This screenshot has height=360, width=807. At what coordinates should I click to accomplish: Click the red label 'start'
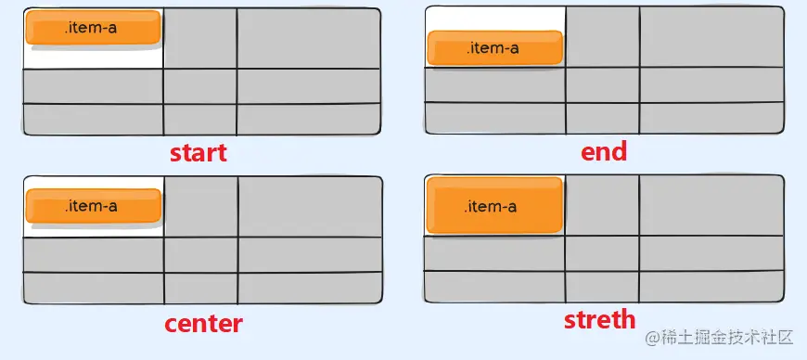198,152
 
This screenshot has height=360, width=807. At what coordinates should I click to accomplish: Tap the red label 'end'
604,150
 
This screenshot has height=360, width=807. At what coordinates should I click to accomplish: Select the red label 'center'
203,323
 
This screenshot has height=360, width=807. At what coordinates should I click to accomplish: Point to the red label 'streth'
600,320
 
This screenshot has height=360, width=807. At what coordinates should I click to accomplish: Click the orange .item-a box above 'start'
93,29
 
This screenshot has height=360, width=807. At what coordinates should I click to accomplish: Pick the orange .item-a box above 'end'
494,48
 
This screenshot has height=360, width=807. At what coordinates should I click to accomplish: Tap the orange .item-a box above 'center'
93,206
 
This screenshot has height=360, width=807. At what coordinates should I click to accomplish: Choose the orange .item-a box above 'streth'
494,206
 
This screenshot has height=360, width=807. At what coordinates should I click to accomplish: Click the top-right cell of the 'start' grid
308,38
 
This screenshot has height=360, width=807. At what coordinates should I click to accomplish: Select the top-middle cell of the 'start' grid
200,38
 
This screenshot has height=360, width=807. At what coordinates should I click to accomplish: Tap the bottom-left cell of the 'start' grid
93,119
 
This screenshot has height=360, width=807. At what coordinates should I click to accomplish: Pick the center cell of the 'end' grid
602,84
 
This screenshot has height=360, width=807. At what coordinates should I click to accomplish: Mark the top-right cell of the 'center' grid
310,207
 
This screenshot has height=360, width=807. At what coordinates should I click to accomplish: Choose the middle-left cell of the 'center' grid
94,255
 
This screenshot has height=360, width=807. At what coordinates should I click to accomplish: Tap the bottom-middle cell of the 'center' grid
201,288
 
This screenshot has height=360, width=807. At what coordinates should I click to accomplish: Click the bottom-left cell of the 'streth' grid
494,287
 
